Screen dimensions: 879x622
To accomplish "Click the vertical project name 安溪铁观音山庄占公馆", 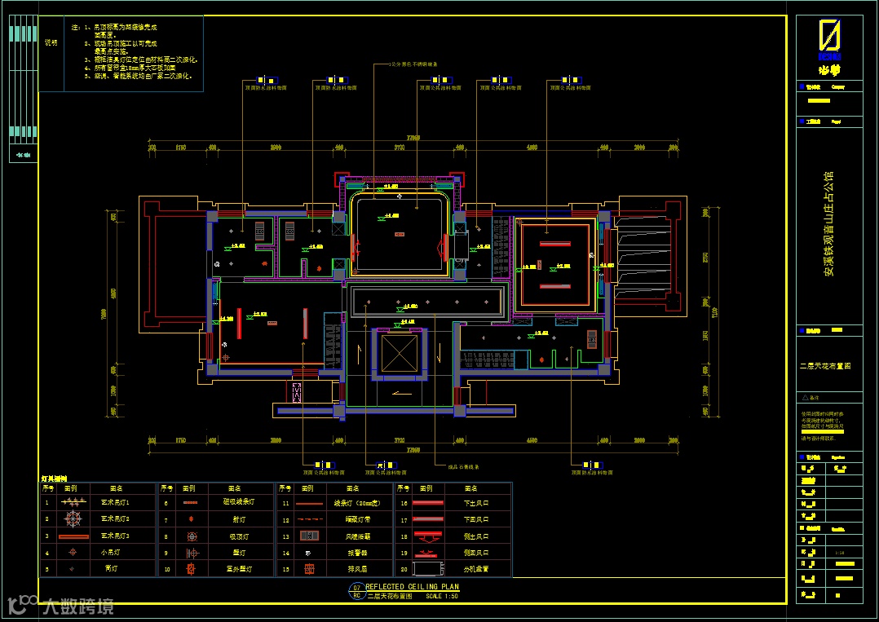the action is coord(828,225).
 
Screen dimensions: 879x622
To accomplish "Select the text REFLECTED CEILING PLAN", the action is coord(412,587).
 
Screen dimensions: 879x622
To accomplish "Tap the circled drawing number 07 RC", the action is coord(356,591).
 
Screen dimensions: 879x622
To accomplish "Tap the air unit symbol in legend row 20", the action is coord(427,569).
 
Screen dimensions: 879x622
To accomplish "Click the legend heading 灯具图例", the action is coord(55,479).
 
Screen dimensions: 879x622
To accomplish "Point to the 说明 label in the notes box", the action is coord(51,42).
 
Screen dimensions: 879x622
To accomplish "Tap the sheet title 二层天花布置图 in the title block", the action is coord(824,367).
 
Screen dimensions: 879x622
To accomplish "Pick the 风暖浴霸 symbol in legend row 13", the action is coord(308,536).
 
